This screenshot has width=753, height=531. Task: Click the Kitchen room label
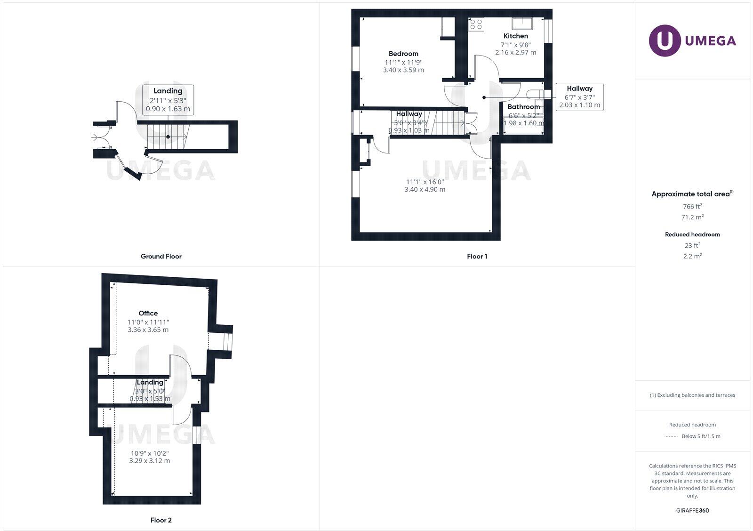point(515,36)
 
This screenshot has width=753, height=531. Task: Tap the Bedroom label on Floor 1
point(403,54)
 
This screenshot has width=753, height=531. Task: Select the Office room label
point(148,313)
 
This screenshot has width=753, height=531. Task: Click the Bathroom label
point(523,107)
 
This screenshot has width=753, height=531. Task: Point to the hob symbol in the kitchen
point(476,24)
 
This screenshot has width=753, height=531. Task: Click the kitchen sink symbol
point(522,22)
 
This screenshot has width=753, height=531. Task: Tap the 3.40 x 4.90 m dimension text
point(425,189)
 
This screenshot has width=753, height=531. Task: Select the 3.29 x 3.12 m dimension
point(149,460)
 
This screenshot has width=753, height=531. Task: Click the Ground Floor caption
point(161,256)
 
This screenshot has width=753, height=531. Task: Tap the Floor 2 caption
point(161,520)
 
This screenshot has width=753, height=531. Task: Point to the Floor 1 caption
point(477,256)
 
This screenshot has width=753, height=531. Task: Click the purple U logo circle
point(665,40)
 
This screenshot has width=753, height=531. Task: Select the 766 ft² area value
point(692,206)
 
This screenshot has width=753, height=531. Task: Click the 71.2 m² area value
point(692,217)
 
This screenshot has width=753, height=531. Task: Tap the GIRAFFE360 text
point(692,510)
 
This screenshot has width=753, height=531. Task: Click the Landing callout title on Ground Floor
point(168,91)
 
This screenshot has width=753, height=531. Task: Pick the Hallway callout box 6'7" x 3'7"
point(579,97)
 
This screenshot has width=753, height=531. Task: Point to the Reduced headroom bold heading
point(692,234)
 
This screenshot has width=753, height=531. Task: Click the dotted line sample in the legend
point(671,436)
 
